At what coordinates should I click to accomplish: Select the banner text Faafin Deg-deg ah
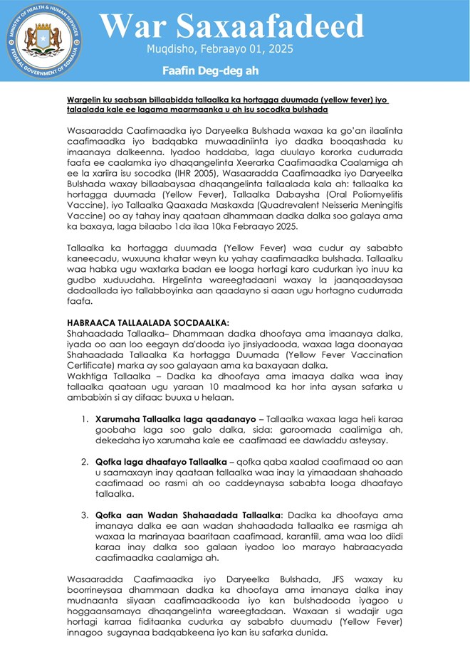pyautogui.click(x=210, y=70)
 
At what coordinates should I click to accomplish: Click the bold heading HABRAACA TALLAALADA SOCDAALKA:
pyautogui.click(x=148, y=322)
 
